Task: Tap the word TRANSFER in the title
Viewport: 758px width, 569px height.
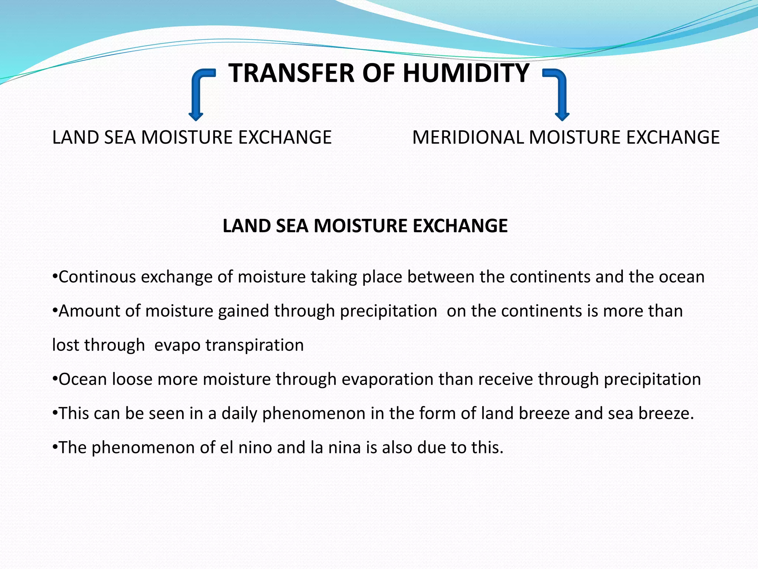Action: point(292,73)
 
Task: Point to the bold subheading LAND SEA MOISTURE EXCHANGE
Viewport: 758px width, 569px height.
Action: point(365,226)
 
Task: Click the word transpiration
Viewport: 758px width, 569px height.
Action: point(255,345)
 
